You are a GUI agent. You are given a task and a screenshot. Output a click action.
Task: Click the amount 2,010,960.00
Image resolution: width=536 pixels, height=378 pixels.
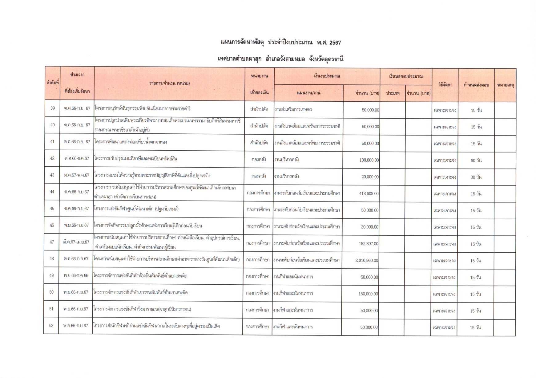click(x=366, y=260)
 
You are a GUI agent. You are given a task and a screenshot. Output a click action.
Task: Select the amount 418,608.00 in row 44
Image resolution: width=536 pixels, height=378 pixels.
click(x=369, y=194)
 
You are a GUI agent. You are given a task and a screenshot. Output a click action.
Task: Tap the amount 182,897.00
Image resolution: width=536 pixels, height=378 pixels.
click(x=369, y=244)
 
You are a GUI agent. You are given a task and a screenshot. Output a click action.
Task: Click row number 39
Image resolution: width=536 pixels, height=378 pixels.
click(x=53, y=108)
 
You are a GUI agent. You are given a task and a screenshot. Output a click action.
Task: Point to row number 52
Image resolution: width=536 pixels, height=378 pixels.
click(x=51, y=325)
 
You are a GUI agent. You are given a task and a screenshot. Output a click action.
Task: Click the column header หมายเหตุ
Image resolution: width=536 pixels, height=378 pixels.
click(x=505, y=85)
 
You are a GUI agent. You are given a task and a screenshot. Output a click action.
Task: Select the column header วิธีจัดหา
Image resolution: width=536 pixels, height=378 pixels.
click(x=445, y=85)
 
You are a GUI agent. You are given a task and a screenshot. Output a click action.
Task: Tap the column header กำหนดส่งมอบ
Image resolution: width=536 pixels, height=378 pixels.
click(x=476, y=85)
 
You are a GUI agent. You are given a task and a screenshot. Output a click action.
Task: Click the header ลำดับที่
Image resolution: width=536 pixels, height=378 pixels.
click(x=53, y=83)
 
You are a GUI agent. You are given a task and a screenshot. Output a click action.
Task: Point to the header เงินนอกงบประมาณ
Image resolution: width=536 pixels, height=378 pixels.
click(x=406, y=76)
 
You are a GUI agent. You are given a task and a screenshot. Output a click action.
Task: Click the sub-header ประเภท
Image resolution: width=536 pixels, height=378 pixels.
click(x=393, y=93)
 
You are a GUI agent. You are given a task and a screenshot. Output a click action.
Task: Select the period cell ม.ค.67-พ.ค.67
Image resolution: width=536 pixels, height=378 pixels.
click(x=77, y=175)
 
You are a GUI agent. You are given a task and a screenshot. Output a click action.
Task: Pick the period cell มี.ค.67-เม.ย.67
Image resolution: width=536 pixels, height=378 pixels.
click(x=76, y=242)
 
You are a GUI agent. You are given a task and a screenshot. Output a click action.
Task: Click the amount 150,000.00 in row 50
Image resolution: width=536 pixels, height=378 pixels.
click(x=368, y=294)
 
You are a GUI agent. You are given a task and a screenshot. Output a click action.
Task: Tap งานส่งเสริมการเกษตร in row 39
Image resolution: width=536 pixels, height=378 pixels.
click(x=293, y=109)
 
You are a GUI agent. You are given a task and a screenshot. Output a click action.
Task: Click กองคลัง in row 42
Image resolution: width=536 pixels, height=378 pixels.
click(x=259, y=159)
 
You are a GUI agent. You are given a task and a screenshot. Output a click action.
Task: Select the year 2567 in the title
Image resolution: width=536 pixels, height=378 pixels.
click(x=335, y=43)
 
